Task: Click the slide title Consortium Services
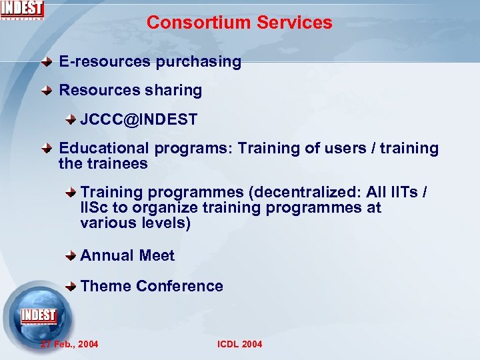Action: coord(239,23)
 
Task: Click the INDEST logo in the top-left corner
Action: coord(22,10)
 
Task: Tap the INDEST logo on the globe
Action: coord(38,315)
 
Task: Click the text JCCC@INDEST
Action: coord(139,120)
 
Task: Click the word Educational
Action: coord(105,149)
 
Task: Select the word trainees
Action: coord(116,163)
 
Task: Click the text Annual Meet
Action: coord(127,256)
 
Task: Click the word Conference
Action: coord(179,287)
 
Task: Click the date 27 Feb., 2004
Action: coord(69,344)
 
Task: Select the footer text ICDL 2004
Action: coord(239,344)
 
